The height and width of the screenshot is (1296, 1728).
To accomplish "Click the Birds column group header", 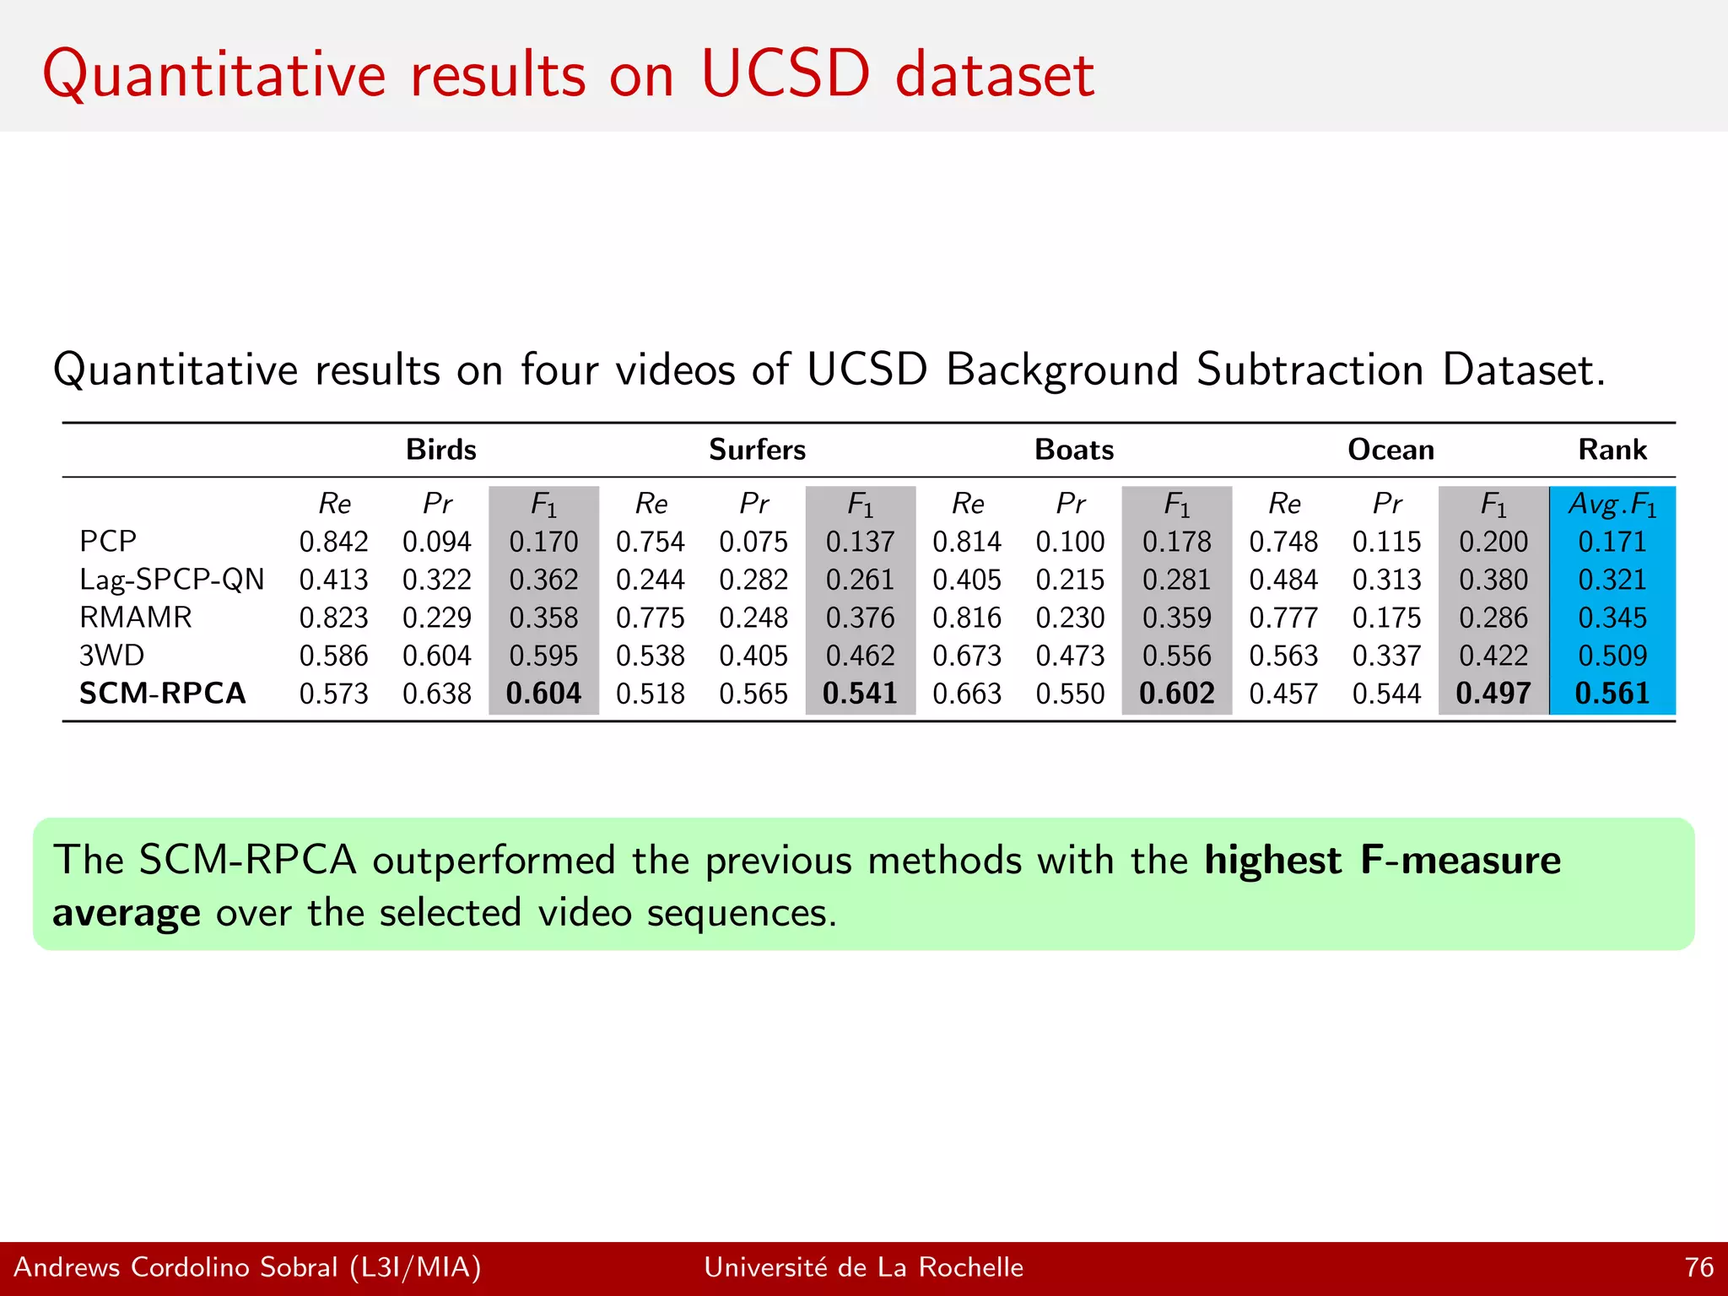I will point(440,450).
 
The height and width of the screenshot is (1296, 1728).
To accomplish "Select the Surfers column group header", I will point(757,450).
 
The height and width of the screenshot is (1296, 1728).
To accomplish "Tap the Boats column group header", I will point(1074,450).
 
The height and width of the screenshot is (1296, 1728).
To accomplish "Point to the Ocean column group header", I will point(1390,450).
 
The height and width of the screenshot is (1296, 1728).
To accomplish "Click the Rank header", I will point(1612,450).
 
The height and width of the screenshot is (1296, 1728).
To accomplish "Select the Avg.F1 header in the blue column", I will point(1612,505).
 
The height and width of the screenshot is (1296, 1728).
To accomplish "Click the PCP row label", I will point(108,541).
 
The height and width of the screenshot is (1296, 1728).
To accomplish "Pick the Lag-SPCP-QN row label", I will point(172,580).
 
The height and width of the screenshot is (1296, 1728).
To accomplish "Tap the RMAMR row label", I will point(136,618).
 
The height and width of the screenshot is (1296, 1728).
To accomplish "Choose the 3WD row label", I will point(111,656).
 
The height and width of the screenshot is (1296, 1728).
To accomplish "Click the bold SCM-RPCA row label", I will point(163,694).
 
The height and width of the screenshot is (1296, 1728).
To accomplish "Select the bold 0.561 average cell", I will point(1612,694).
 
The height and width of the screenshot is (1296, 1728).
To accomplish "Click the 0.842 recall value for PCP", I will point(333,542).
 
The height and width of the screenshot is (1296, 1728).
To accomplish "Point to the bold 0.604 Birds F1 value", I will point(543,694).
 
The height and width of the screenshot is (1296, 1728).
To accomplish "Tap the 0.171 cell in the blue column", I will point(1612,542).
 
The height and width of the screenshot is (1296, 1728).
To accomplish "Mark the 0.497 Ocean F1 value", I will point(1493,694).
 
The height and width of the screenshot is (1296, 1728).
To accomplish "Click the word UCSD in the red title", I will point(785,74).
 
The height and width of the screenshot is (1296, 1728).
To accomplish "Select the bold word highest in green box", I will point(1272,861).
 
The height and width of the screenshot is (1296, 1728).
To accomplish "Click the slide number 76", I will point(1698,1267).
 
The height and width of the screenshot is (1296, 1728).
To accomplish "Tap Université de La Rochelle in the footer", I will point(863,1267).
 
